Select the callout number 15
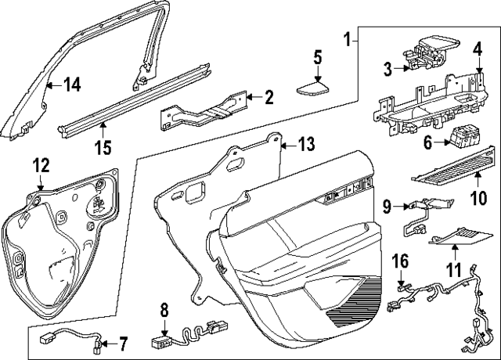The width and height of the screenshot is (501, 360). click(x=103, y=146)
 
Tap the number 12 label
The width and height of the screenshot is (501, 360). click(x=40, y=164)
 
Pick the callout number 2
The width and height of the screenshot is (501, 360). click(x=269, y=98)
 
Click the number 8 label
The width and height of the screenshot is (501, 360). click(x=164, y=310)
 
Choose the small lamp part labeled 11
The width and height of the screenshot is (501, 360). click(x=459, y=232)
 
